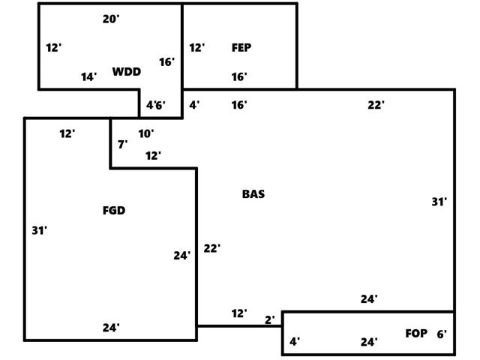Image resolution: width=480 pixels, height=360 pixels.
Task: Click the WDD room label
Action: (127, 72)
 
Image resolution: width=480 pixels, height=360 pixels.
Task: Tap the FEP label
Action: (241, 48)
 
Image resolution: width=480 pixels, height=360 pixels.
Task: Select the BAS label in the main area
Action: (253, 194)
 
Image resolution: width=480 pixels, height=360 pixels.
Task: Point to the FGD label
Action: (114, 211)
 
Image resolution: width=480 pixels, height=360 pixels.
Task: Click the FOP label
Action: (416, 334)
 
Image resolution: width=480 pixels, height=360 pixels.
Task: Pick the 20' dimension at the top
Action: (111, 19)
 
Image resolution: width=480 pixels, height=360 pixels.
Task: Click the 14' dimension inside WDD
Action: (89, 77)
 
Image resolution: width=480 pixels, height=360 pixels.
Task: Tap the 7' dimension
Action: (122, 144)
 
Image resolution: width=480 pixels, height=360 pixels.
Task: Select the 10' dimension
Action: (146, 134)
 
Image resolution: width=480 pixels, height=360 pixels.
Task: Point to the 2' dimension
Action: (270, 320)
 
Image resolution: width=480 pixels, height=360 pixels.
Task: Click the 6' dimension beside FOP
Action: (442, 334)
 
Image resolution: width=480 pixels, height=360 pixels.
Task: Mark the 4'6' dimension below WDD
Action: (156, 106)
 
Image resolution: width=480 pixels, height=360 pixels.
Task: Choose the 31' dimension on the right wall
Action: (439, 202)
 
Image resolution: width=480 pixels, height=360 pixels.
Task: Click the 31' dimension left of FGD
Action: (40, 231)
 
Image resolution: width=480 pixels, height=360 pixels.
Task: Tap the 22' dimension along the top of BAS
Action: (376, 106)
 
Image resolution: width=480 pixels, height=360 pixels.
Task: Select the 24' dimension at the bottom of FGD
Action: (111, 328)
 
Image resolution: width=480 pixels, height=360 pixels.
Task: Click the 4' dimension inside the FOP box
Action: (295, 342)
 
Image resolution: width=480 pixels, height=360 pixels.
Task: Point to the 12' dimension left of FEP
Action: (196, 48)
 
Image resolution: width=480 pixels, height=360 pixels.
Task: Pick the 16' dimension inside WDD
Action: (166, 62)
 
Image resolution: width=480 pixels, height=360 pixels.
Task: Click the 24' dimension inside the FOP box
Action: (369, 343)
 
